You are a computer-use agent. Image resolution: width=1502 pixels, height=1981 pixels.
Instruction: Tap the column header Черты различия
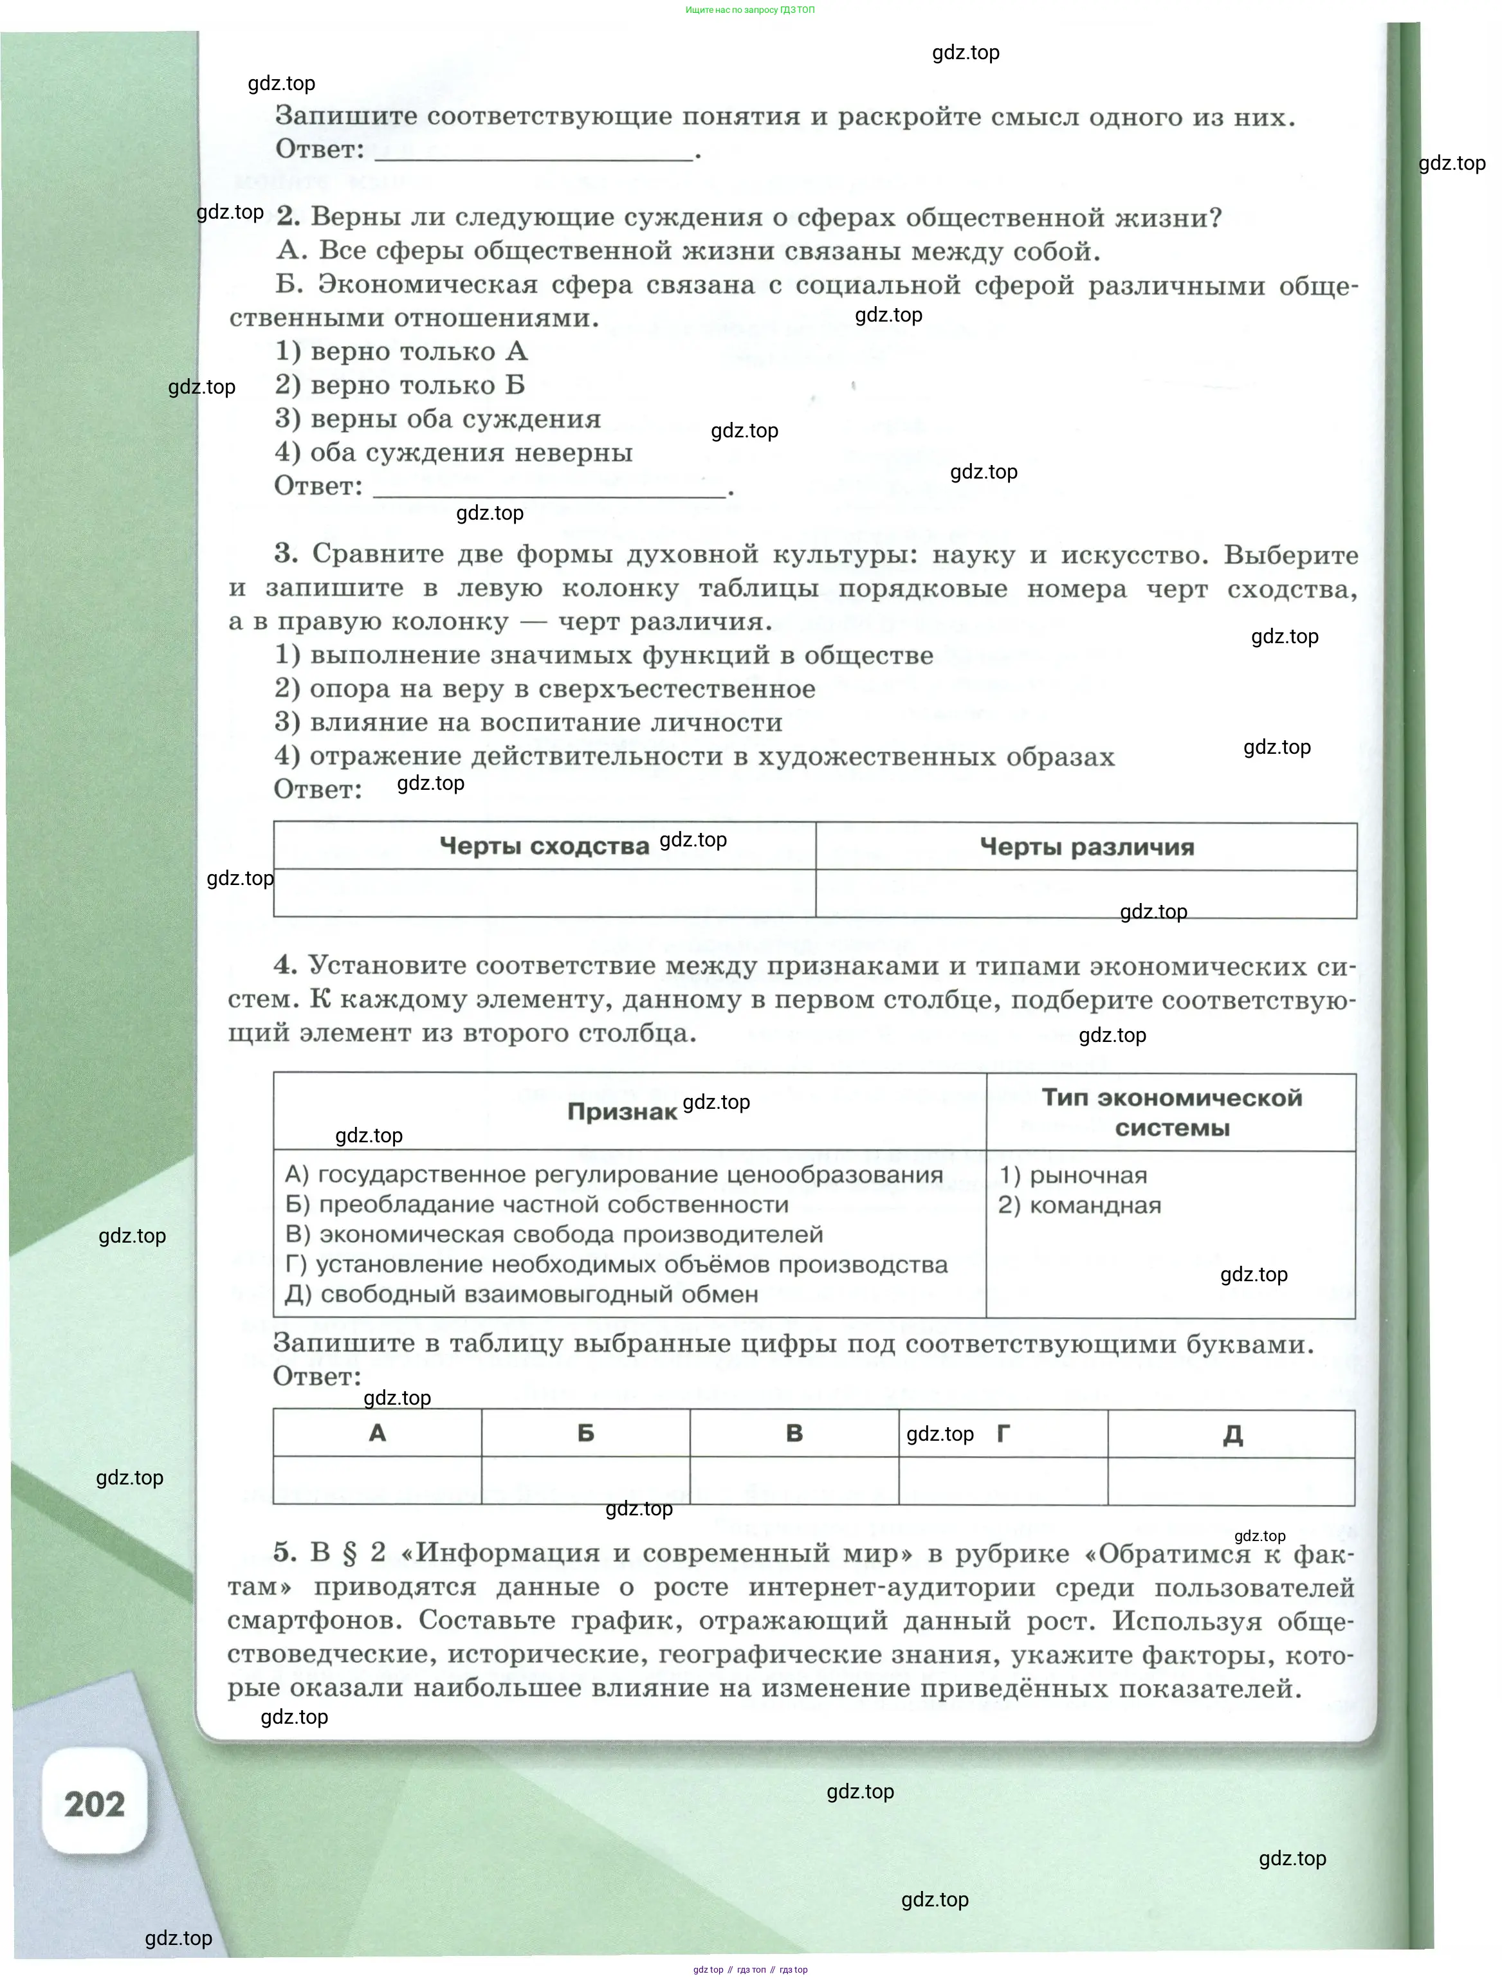tap(1086, 847)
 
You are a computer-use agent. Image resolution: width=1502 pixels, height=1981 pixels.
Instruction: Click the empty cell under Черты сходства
tap(544, 893)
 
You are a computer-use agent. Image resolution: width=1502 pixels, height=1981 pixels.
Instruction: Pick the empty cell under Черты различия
tap(1086, 894)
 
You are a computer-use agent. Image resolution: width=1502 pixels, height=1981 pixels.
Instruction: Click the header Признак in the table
tap(621, 1112)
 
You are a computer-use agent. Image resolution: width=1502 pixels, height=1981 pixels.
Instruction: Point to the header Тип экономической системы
tap(1171, 1112)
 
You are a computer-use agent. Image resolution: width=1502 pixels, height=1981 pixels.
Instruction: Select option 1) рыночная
tap(1073, 1175)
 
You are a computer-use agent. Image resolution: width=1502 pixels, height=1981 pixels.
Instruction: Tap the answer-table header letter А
tap(377, 1434)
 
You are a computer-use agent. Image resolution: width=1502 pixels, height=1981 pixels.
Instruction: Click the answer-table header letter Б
tap(586, 1434)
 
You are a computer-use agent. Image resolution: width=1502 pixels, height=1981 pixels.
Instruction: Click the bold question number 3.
tap(286, 554)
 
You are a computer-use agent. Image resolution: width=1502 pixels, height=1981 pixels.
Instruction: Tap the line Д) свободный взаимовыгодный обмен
tap(521, 1295)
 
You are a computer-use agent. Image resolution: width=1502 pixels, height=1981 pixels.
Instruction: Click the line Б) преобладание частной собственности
tap(536, 1205)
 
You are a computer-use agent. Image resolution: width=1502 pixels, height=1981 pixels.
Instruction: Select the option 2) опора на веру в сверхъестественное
tap(545, 689)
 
